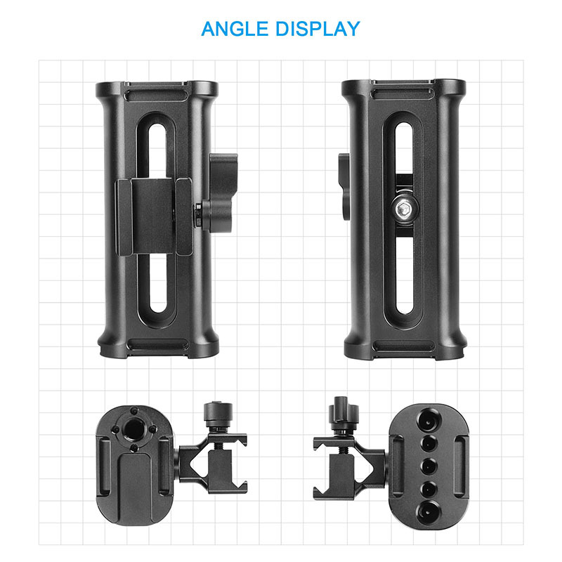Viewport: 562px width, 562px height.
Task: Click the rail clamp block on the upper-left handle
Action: click(155, 216)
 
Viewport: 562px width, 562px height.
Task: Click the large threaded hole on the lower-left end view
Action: click(133, 429)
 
